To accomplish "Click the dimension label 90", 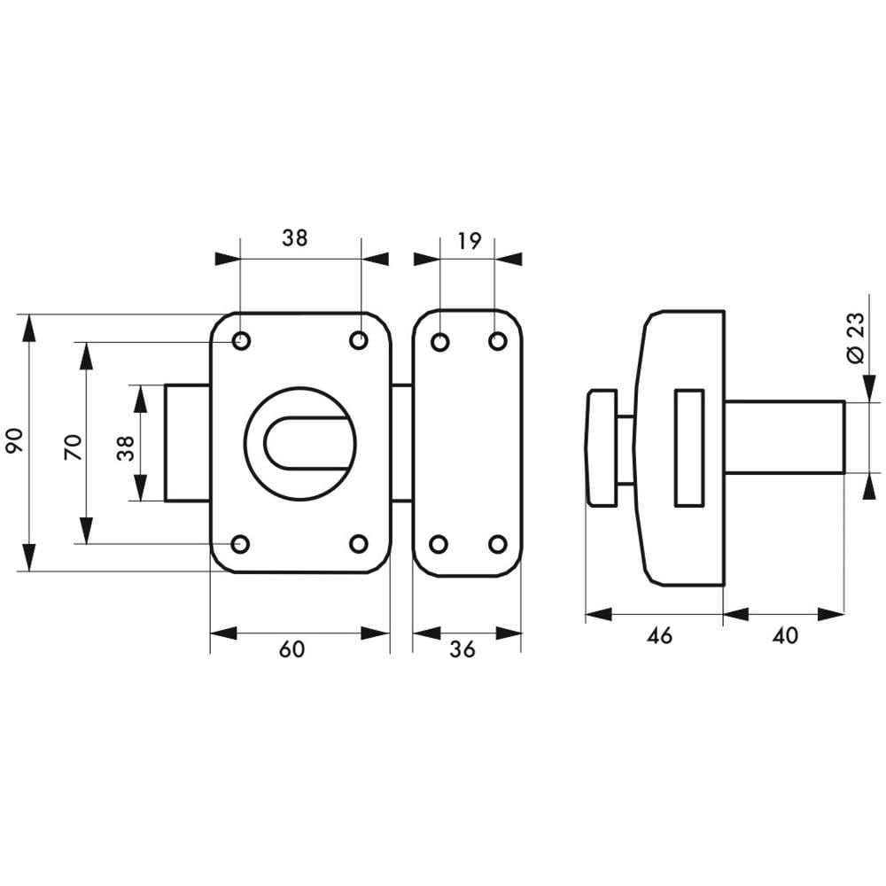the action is (x=15, y=441).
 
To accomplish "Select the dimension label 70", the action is (x=74, y=447).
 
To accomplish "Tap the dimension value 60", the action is (x=292, y=649).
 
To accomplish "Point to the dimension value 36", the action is (x=462, y=649).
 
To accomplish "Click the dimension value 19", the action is (x=469, y=241).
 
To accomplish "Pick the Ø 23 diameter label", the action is (x=856, y=337).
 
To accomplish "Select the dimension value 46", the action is (x=659, y=635).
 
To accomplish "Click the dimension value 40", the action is (x=785, y=635).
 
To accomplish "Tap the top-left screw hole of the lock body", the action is (x=241, y=341).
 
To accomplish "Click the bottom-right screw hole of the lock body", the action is (x=359, y=544).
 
